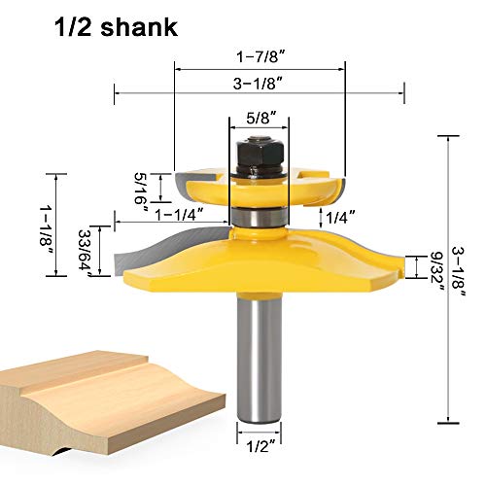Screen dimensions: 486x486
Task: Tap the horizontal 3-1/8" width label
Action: [260, 85]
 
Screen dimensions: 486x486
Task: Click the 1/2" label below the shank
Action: [259, 446]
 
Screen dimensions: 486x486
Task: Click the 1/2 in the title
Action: [65, 27]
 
